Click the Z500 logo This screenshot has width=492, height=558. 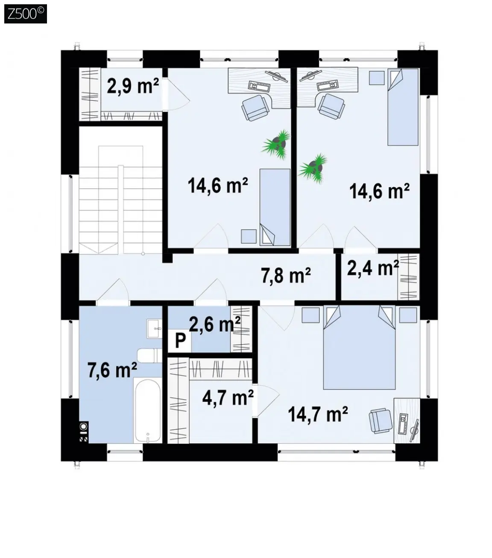point(26,14)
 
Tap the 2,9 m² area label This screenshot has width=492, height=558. point(133,86)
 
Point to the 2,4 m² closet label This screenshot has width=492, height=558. point(373,268)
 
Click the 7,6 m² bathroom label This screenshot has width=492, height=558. point(112,370)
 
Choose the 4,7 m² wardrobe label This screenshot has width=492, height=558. point(228,398)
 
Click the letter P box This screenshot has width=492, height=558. point(180,341)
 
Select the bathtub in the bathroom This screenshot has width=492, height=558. point(147,410)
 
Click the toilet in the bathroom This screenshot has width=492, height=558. point(149,355)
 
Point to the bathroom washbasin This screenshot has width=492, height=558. point(154,328)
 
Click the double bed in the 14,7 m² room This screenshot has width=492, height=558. point(359,347)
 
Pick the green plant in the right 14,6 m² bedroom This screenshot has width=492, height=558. point(313,168)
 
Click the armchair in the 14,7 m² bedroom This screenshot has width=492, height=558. point(381,421)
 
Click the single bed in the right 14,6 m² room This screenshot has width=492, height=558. point(403,107)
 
